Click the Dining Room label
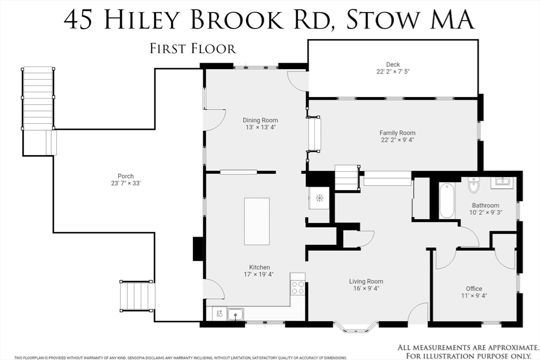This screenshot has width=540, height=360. tap(260, 120)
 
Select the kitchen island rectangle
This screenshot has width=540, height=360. tap(257, 221)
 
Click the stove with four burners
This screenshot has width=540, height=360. tap(298, 288)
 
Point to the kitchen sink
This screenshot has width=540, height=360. tap(235, 315)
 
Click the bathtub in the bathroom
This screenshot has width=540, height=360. tap(447, 200)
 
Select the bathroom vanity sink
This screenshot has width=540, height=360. tap(502, 183)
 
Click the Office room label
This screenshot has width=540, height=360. tap(474, 288)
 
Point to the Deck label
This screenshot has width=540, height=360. tap(392, 65)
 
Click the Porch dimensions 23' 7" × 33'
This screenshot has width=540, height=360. tap(126, 183)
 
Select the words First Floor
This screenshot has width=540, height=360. tap(192, 49)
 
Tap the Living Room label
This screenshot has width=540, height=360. tap(365, 281)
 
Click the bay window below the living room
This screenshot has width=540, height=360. tap(356, 327)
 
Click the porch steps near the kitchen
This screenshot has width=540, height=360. tap(137, 296)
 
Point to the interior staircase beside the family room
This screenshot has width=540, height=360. tap(347, 178)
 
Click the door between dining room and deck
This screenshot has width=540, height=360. tap(298, 80)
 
